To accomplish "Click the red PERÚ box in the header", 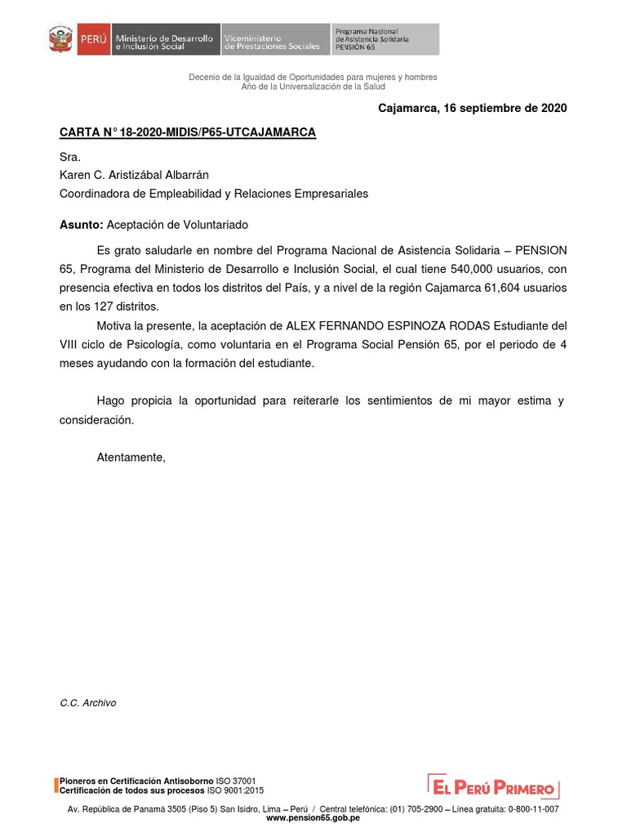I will pyautogui.click(x=93, y=39).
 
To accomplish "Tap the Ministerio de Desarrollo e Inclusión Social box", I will pyautogui.click(x=165, y=39).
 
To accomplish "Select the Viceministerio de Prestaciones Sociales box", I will pyautogui.click(x=274, y=39).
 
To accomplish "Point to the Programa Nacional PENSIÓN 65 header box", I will pyautogui.click(x=385, y=39).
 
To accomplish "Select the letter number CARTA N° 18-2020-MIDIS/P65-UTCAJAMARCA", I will pyautogui.click(x=188, y=132).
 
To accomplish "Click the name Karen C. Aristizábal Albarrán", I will pyautogui.click(x=135, y=174).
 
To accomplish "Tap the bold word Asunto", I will pyautogui.click(x=81, y=224).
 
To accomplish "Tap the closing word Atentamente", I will pyautogui.click(x=131, y=458).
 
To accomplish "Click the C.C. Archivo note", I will pyautogui.click(x=88, y=703).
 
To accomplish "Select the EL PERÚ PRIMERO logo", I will pyautogui.click(x=494, y=786).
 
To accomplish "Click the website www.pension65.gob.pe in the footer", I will pyautogui.click(x=313, y=817).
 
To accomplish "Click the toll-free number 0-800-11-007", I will pyautogui.click(x=533, y=808).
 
